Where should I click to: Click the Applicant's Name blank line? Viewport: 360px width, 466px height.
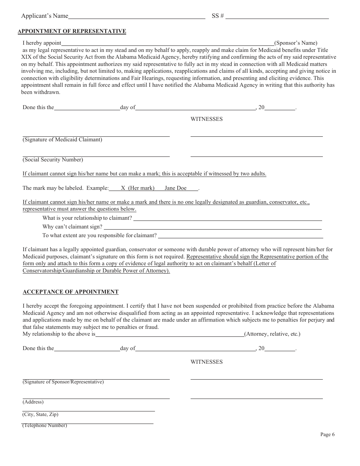pyautogui.click(x=136, y=16)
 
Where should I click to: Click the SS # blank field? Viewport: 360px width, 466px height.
pyautogui.click(x=277, y=16)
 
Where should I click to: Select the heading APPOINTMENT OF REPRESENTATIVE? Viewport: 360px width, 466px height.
pyautogui.click(x=72, y=31)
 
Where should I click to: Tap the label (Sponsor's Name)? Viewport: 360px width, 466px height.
pyautogui.click(x=296, y=43)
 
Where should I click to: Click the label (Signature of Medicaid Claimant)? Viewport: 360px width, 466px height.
pyautogui.click(x=62, y=140)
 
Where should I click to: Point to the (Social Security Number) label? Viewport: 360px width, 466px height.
pyautogui.click(x=53, y=160)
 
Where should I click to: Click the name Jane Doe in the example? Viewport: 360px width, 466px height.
pyautogui.click(x=175, y=188)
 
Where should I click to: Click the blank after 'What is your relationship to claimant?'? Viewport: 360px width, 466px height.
pyautogui.click(x=227, y=219)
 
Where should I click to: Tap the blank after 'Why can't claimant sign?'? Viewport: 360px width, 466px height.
pyautogui.click(x=212, y=227)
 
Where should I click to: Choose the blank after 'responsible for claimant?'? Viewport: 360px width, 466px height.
pyautogui.click(x=240, y=236)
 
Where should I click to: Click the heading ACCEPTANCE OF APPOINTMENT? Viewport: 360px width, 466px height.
pyautogui.click(x=70, y=292)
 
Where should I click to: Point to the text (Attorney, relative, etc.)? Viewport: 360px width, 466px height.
pyautogui.click(x=272, y=334)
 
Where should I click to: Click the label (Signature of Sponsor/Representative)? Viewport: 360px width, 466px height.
pyautogui.click(x=63, y=382)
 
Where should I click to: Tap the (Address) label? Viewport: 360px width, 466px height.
pyautogui.click(x=33, y=402)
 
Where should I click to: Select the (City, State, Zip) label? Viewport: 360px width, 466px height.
pyautogui.click(x=40, y=414)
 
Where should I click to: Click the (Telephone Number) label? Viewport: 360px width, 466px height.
pyautogui.click(x=44, y=425)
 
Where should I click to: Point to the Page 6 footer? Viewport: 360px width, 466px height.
pyautogui.click(x=327, y=435)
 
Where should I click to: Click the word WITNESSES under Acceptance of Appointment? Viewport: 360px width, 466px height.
pyautogui.click(x=207, y=362)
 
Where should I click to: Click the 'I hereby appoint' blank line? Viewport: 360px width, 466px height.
pyautogui.click(x=167, y=44)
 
